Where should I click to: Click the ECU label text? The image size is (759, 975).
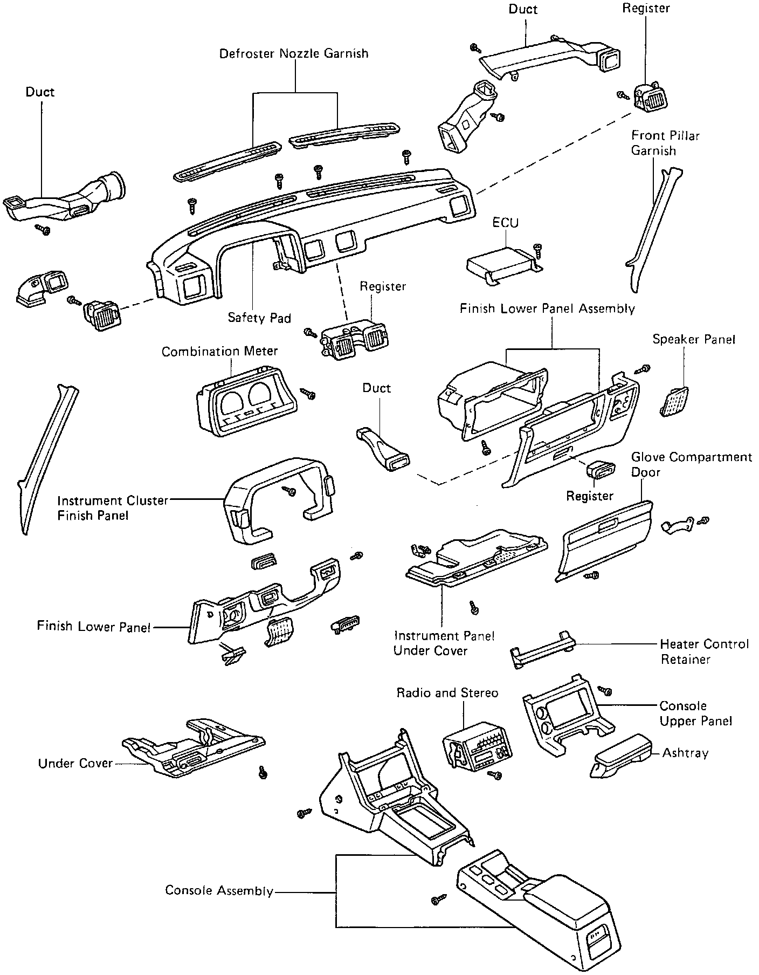coord(505,222)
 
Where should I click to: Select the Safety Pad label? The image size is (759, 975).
coord(259,318)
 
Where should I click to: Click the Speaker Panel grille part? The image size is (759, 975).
coord(674,402)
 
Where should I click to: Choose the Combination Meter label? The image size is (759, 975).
coord(219,352)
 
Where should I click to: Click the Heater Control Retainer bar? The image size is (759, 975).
coord(542,649)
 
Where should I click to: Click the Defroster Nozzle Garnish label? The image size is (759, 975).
coord(294,53)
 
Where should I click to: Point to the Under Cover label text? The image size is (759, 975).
coord(75,763)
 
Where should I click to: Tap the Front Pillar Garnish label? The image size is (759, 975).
coord(665,143)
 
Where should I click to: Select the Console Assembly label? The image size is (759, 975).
coord(219,890)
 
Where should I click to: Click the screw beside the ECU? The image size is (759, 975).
coord(537,249)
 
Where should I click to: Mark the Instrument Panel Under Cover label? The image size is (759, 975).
coord(444,643)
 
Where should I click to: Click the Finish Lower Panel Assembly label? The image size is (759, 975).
coord(547,308)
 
